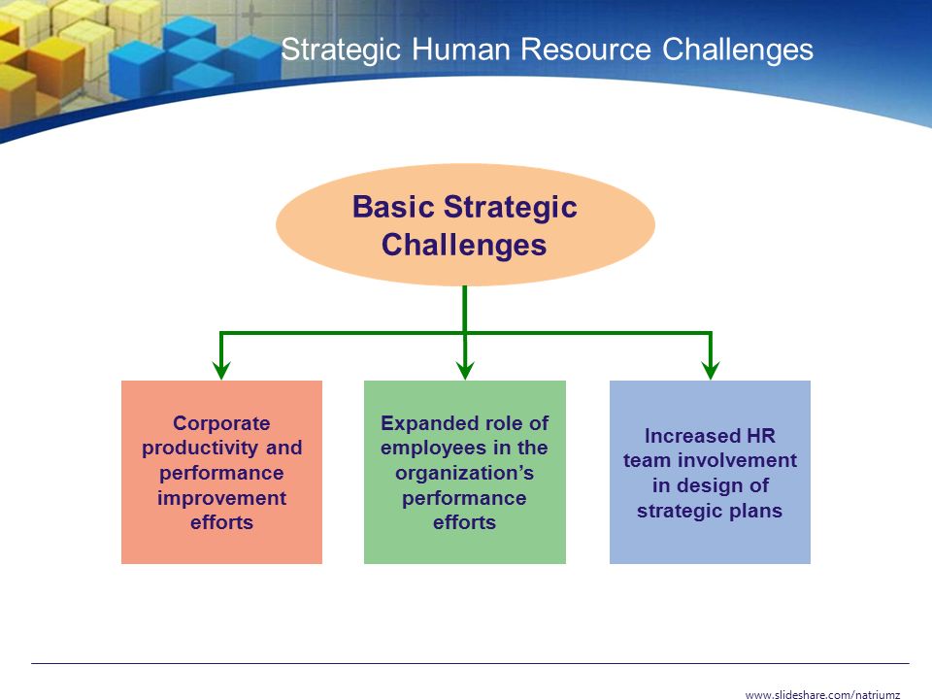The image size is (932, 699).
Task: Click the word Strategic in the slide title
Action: click(x=341, y=50)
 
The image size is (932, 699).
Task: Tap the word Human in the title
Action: click(x=460, y=49)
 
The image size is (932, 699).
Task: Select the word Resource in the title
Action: click(x=586, y=49)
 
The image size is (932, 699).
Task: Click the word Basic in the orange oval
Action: click(x=393, y=207)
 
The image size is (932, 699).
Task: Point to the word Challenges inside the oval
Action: click(x=464, y=246)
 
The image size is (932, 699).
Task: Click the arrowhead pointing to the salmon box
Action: click(x=221, y=370)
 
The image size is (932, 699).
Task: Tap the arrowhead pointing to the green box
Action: click(x=465, y=370)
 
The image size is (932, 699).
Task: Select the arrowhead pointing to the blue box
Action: click(x=711, y=370)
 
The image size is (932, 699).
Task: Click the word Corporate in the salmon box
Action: click(x=221, y=423)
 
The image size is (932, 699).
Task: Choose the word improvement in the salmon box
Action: click(x=221, y=498)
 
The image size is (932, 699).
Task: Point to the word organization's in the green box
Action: click(x=464, y=474)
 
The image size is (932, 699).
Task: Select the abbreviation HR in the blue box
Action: click(x=761, y=436)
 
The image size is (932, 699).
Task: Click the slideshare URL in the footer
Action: click(x=822, y=693)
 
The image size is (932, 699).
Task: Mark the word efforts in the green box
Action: click(x=464, y=522)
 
